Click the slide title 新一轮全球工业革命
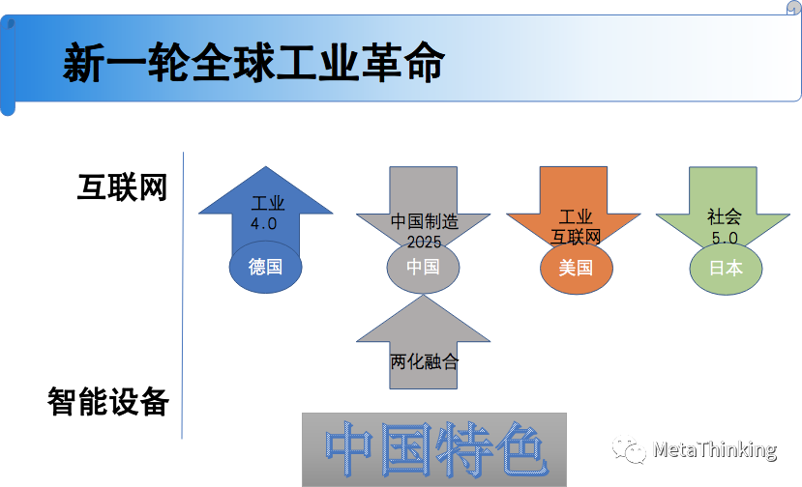click(253, 64)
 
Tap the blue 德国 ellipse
click(265, 267)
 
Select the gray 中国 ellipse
click(423, 267)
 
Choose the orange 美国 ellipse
click(576, 268)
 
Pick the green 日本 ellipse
click(726, 268)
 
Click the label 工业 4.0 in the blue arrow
click(266, 214)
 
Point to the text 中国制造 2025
click(424, 230)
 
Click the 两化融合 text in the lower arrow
click(424, 362)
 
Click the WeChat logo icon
click(628, 448)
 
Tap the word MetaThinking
click(714, 449)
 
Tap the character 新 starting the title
click(84, 64)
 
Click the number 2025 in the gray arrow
click(424, 240)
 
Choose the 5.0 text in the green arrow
click(725, 237)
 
